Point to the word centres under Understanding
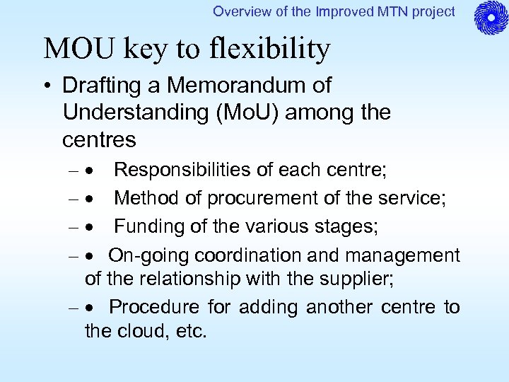(x=99, y=139)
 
